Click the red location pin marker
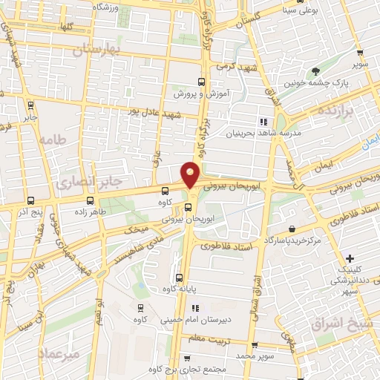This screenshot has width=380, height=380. pos(191,174)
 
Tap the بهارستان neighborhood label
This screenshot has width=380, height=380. pos(97,49)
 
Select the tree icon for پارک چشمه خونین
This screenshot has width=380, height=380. pos(317,72)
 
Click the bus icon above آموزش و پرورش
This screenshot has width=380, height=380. pos(200,82)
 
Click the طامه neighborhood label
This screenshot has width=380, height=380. pos(54,140)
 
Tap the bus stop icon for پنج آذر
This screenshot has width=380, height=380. pos(30,200)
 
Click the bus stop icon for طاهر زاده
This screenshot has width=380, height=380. pos(91,200)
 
